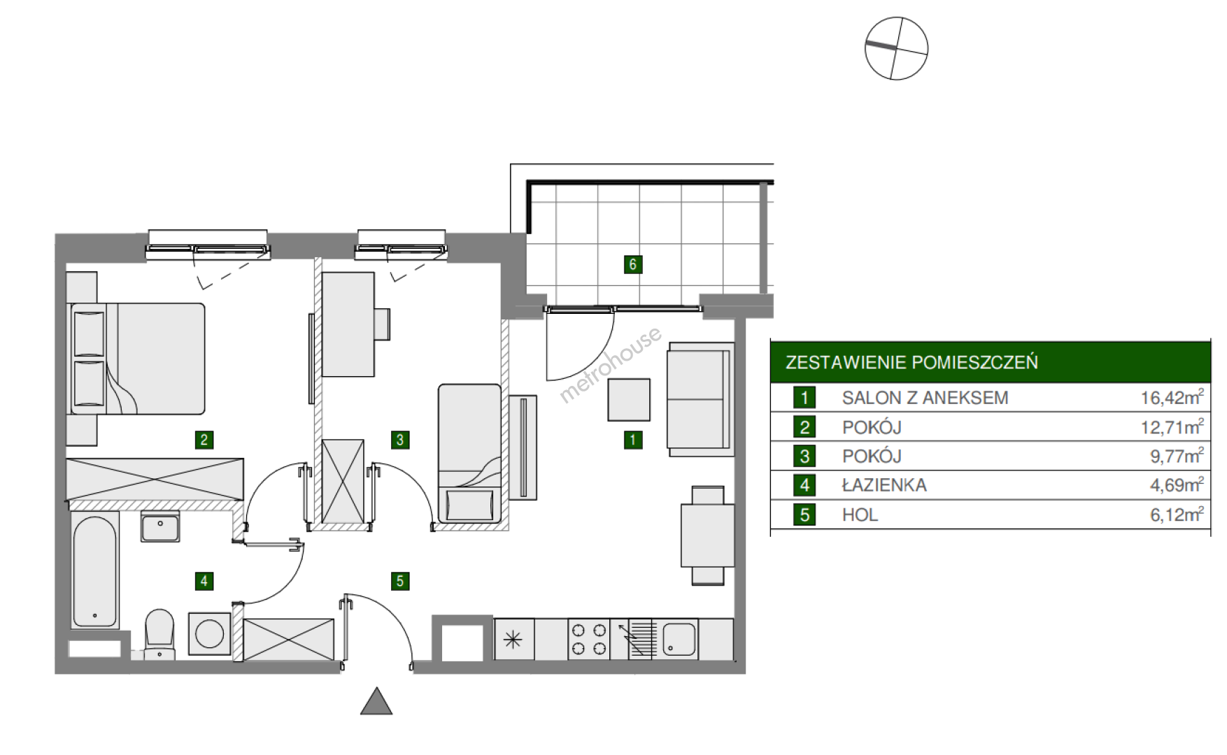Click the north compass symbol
pyautogui.click(x=896, y=48)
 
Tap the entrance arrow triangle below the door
pyautogui.click(x=376, y=701)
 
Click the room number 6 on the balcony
pyautogui.click(x=632, y=264)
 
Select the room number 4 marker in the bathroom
pyautogui.click(x=204, y=580)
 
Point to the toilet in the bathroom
pyautogui.click(x=159, y=633)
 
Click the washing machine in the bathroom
pyautogui.click(x=209, y=635)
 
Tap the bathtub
pyautogui.click(x=94, y=570)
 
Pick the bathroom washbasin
pyautogui.click(x=160, y=526)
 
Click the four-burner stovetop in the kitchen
pyautogui.click(x=588, y=639)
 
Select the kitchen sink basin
pyautogui.click(x=679, y=639)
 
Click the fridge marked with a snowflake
pyautogui.click(x=514, y=639)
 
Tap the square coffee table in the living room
pyautogui.click(x=629, y=400)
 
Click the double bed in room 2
pyautogui.click(x=136, y=359)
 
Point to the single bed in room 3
pyautogui.click(x=469, y=453)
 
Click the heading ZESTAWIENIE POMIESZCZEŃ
pyautogui.click(x=912, y=362)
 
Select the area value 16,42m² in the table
pyautogui.click(x=1172, y=397)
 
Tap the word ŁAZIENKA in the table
pyautogui.click(x=884, y=485)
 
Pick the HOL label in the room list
pyautogui.click(x=860, y=515)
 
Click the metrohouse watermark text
pyautogui.click(x=610, y=365)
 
